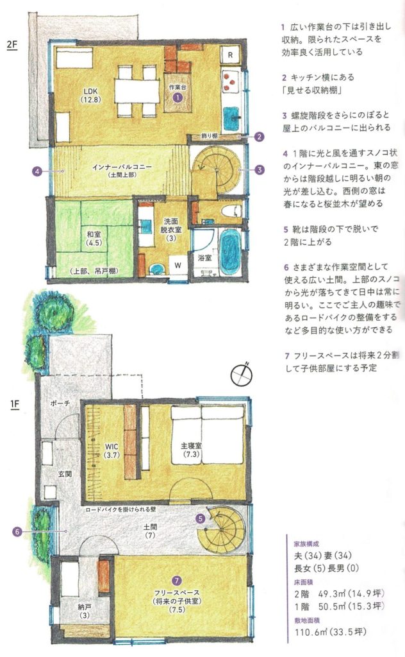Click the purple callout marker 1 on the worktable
click(x=178, y=97)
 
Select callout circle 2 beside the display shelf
click(x=259, y=136)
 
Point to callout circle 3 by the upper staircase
click(x=259, y=170)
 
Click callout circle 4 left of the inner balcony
click(x=38, y=171)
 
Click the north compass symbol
click(x=242, y=373)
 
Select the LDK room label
click(x=88, y=94)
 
